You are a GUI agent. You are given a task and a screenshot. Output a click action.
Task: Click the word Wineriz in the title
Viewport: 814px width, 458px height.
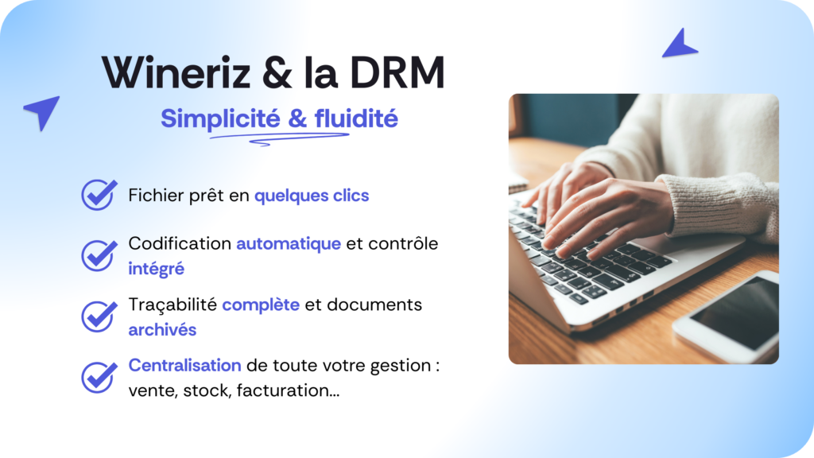tap(176, 72)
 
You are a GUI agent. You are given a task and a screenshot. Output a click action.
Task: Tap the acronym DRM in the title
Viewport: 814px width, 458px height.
tap(397, 72)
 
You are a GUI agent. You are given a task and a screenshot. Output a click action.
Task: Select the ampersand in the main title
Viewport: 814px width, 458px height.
tap(277, 72)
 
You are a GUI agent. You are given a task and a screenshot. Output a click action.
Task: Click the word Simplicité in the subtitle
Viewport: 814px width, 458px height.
tap(221, 119)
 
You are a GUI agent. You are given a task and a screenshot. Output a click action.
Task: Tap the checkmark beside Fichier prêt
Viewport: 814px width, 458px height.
tap(99, 195)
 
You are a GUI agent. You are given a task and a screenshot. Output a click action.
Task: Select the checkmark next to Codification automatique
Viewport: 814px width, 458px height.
tap(99, 255)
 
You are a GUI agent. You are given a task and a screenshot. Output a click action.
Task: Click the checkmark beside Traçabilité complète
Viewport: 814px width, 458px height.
tap(99, 316)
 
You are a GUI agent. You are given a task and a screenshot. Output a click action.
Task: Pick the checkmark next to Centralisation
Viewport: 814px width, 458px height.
tap(99, 377)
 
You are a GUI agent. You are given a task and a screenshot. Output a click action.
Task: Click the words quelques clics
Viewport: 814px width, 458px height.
tap(312, 196)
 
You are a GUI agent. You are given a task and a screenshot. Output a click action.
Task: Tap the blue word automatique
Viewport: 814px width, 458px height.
tap(289, 243)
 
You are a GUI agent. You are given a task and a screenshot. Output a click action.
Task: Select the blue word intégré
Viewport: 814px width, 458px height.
tap(157, 269)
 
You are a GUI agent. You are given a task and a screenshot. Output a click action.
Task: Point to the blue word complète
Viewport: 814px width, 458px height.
tap(261, 305)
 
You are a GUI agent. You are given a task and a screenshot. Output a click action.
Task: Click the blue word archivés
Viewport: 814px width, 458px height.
tap(162, 330)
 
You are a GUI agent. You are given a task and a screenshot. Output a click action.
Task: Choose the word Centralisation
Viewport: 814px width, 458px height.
tap(184, 366)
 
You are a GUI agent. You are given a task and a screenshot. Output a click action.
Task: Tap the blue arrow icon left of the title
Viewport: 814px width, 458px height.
tap(42, 111)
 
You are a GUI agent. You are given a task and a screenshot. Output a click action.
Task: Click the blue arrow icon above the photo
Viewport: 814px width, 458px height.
tap(680, 44)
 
